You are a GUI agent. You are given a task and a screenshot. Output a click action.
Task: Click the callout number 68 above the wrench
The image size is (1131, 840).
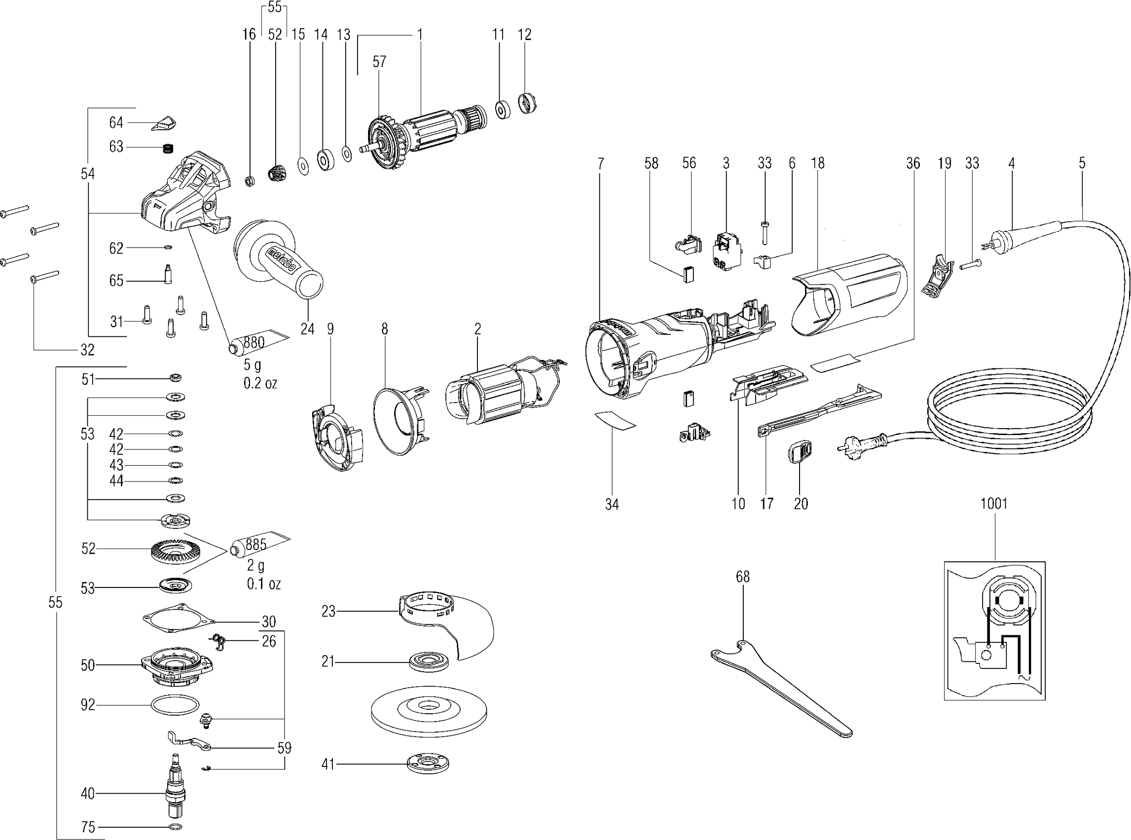[743, 577]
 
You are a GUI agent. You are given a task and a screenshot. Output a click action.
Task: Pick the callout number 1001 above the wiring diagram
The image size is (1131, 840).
[994, 504]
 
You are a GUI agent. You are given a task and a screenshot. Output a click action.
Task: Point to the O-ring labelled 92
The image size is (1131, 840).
[174, 705]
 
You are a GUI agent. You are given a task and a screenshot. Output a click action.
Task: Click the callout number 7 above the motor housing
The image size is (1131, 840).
[600, 163]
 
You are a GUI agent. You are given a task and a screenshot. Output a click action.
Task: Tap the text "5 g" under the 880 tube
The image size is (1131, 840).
[252, 365]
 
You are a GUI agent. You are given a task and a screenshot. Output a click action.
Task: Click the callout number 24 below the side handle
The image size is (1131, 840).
[307, 329]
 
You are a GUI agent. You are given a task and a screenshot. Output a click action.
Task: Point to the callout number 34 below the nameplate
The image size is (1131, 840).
[612, 504]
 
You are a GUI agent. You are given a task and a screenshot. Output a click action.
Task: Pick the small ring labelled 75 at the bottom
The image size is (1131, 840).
[174, 826]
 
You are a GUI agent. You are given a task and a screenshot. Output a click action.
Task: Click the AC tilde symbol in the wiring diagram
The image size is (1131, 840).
[1022, 677]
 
